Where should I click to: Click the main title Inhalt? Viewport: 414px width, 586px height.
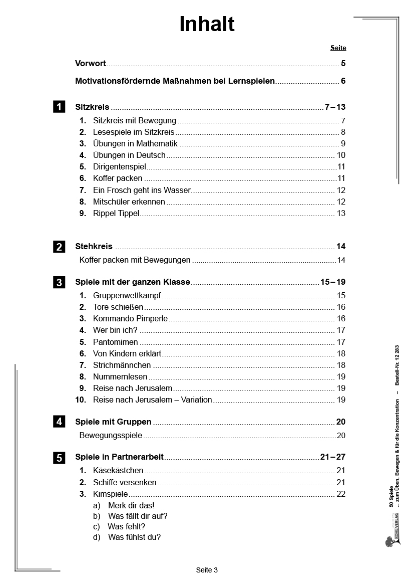[x=207, y=24]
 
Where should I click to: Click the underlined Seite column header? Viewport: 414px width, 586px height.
[x=338, y=48]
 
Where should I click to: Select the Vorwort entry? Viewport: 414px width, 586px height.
[x=91, y=64]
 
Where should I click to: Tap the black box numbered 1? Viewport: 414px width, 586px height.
[x=59, y=107]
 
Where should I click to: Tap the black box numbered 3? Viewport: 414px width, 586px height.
[x=59, y=283]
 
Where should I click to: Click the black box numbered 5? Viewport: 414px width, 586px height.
[x=59, y=458]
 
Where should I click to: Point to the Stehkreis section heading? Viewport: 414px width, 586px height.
[x=94, y=247]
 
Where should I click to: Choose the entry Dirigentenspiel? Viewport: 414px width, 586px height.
[x=119, y=167]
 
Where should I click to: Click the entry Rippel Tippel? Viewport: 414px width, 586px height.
[x=116, y=214]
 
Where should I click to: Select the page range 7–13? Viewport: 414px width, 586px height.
[x=335, y=107]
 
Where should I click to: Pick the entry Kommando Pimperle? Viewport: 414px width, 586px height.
[x=130, y=319]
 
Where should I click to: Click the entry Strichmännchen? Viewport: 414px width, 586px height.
[x=122, y=365]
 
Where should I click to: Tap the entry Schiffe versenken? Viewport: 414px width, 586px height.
[x=125, y=483]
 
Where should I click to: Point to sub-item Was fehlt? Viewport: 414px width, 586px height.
[x=126, y=527]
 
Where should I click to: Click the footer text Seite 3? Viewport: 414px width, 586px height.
[x=207, y=570]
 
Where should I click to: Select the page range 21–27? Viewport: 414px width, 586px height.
[x=333, y=457]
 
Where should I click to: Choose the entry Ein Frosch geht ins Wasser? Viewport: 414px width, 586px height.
[x=142, y=190]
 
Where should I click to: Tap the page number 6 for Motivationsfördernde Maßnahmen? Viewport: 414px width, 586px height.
[x=343, y=81]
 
